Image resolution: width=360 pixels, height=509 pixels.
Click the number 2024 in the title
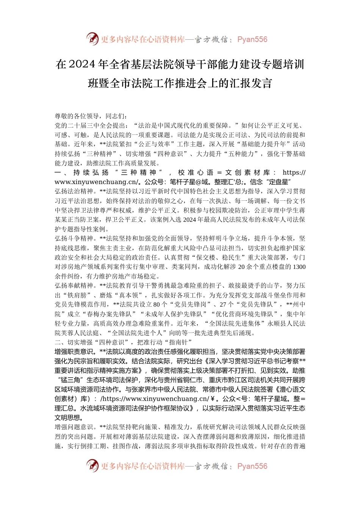tap(81, 65)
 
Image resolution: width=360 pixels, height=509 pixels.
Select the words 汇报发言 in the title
tap(250, 83)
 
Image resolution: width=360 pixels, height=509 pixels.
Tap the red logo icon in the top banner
tap(92, 39)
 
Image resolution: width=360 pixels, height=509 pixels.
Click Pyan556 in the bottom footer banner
tap(252, 466)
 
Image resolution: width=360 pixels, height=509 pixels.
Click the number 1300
tap(299, 267)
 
